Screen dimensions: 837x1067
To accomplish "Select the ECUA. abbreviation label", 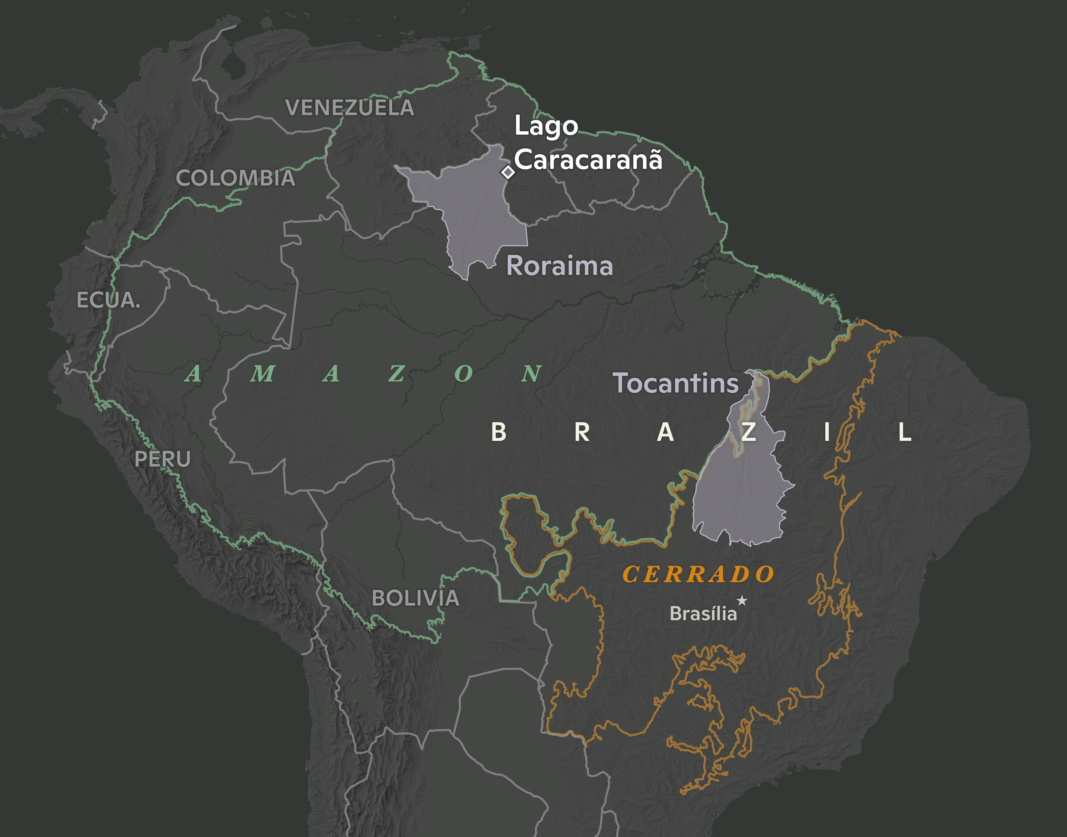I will (x=108, y=300).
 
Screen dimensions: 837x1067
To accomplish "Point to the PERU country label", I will (x=162, y=459).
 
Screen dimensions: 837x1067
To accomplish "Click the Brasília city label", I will (x=703, y=614).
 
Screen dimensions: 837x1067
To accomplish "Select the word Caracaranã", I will (x=588, y=160).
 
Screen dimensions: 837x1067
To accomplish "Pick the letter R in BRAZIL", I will (x=582, y=432).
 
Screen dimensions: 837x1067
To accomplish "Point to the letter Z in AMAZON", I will (x=396, y=374).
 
